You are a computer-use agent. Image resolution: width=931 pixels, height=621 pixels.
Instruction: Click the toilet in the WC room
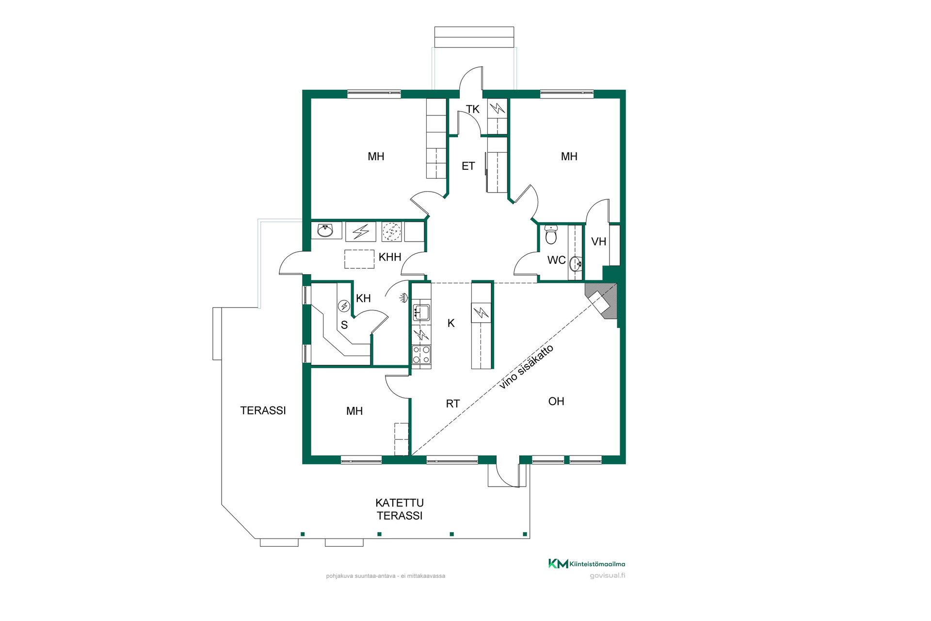click(551, 234)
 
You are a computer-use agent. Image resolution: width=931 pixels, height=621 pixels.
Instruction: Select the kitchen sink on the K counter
click(420, 312)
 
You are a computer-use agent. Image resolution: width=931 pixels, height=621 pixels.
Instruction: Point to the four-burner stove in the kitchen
click(421, 354)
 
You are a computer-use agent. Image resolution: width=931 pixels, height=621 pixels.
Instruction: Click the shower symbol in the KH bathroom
click(403, 298)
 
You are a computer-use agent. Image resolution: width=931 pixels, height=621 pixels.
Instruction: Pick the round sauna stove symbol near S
click(344, 306)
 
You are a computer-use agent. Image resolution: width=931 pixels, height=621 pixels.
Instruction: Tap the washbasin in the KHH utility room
click(325, 230)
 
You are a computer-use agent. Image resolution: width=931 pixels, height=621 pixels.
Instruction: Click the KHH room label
click(390, 257)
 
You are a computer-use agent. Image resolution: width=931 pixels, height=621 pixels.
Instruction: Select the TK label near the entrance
click(473, 109)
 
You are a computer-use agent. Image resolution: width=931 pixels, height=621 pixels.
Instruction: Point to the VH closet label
click(599, 242)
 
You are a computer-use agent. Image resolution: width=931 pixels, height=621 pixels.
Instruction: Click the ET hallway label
click(468, 166)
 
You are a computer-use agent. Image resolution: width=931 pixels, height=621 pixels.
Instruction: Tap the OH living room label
click(556, 401)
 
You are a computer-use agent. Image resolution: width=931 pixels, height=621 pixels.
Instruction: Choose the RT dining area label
click(453, 404)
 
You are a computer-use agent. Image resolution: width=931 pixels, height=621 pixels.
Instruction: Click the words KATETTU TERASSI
click(400, 509)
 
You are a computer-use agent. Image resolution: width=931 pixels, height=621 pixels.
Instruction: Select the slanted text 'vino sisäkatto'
click(526, 367)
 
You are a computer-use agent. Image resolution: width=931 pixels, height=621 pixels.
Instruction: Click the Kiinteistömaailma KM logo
click(587, 563)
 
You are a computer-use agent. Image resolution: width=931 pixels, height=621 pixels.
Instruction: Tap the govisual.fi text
click(608, 576)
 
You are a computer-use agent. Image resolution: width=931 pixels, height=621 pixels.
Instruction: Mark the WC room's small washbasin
click(576, 263)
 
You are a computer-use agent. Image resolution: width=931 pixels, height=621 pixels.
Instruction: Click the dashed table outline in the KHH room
click(359, 259)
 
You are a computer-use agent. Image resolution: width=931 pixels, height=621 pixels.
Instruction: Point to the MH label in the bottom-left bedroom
click(354, 411)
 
